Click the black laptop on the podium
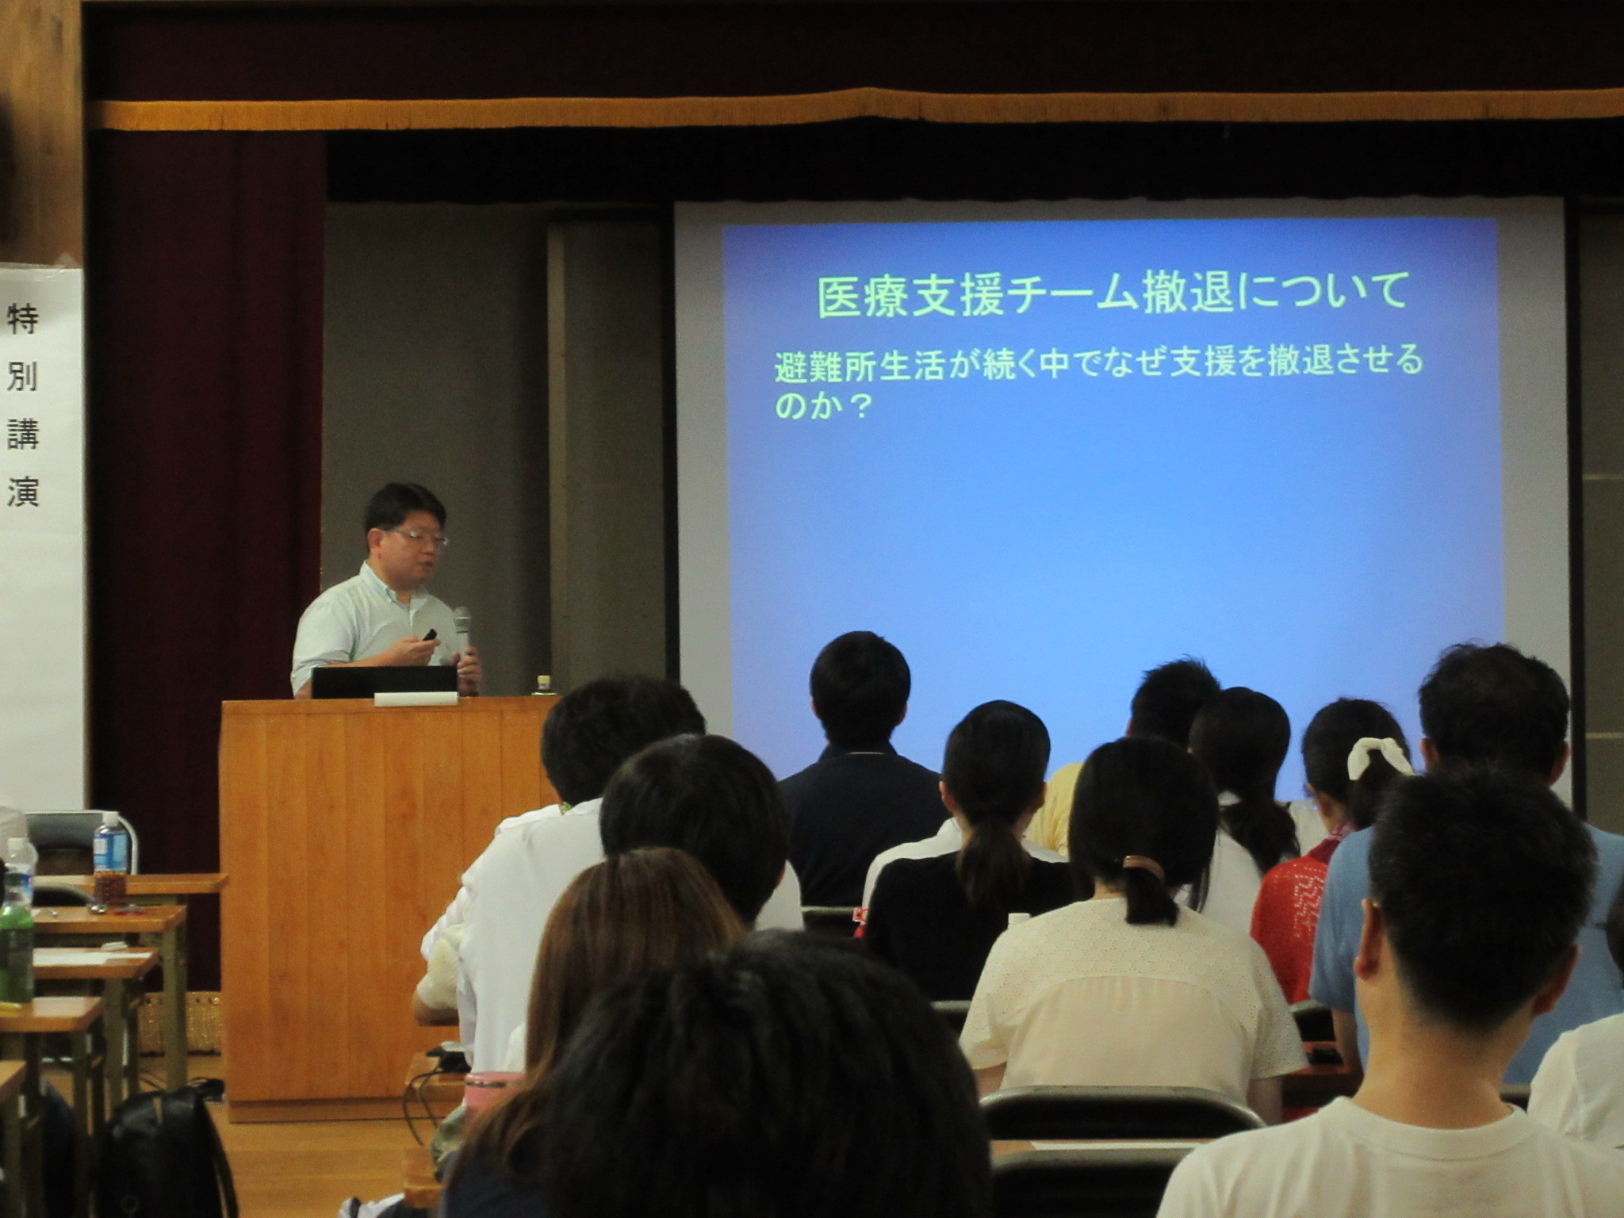[384, 681]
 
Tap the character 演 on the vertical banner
[23, 492]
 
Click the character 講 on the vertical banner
[23, 434]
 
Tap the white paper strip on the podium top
[416, 699]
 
